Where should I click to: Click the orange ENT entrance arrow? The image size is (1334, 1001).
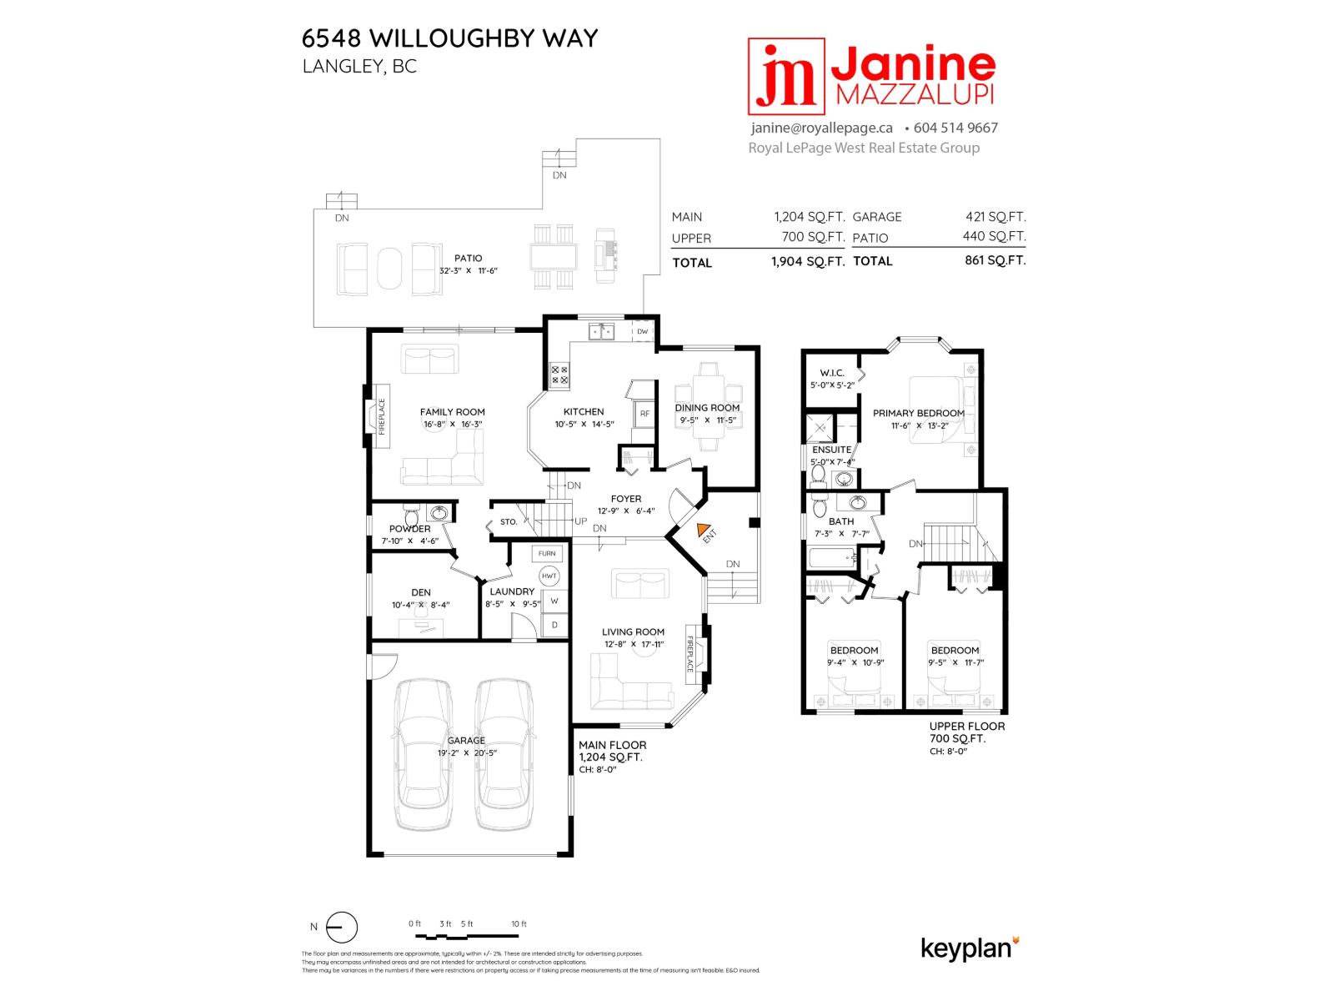point(703,529)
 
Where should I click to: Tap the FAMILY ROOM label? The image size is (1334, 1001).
point(452,411)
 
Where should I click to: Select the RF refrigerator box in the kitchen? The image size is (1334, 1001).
point(644,414)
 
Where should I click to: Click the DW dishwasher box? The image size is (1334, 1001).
point(642,331)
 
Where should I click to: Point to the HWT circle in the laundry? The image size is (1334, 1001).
point(549,576)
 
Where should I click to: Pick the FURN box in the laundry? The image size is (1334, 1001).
point(547,553)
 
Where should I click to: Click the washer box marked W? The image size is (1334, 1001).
point(554,601)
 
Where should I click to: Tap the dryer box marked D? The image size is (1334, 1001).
point(554,625)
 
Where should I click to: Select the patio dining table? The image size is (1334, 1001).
point(554,257)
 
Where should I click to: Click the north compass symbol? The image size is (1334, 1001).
point(341,927)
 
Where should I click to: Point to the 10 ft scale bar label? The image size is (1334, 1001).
point(519,923)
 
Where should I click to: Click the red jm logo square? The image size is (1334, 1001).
point(785,76)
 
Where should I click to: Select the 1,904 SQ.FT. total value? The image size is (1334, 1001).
point(807,261)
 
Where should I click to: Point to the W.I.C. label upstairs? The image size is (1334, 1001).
point(831,373)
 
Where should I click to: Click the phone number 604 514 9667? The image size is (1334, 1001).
point(955,128)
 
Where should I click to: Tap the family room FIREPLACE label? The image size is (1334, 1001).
point(382,416)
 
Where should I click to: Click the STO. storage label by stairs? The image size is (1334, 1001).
point(509,522)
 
